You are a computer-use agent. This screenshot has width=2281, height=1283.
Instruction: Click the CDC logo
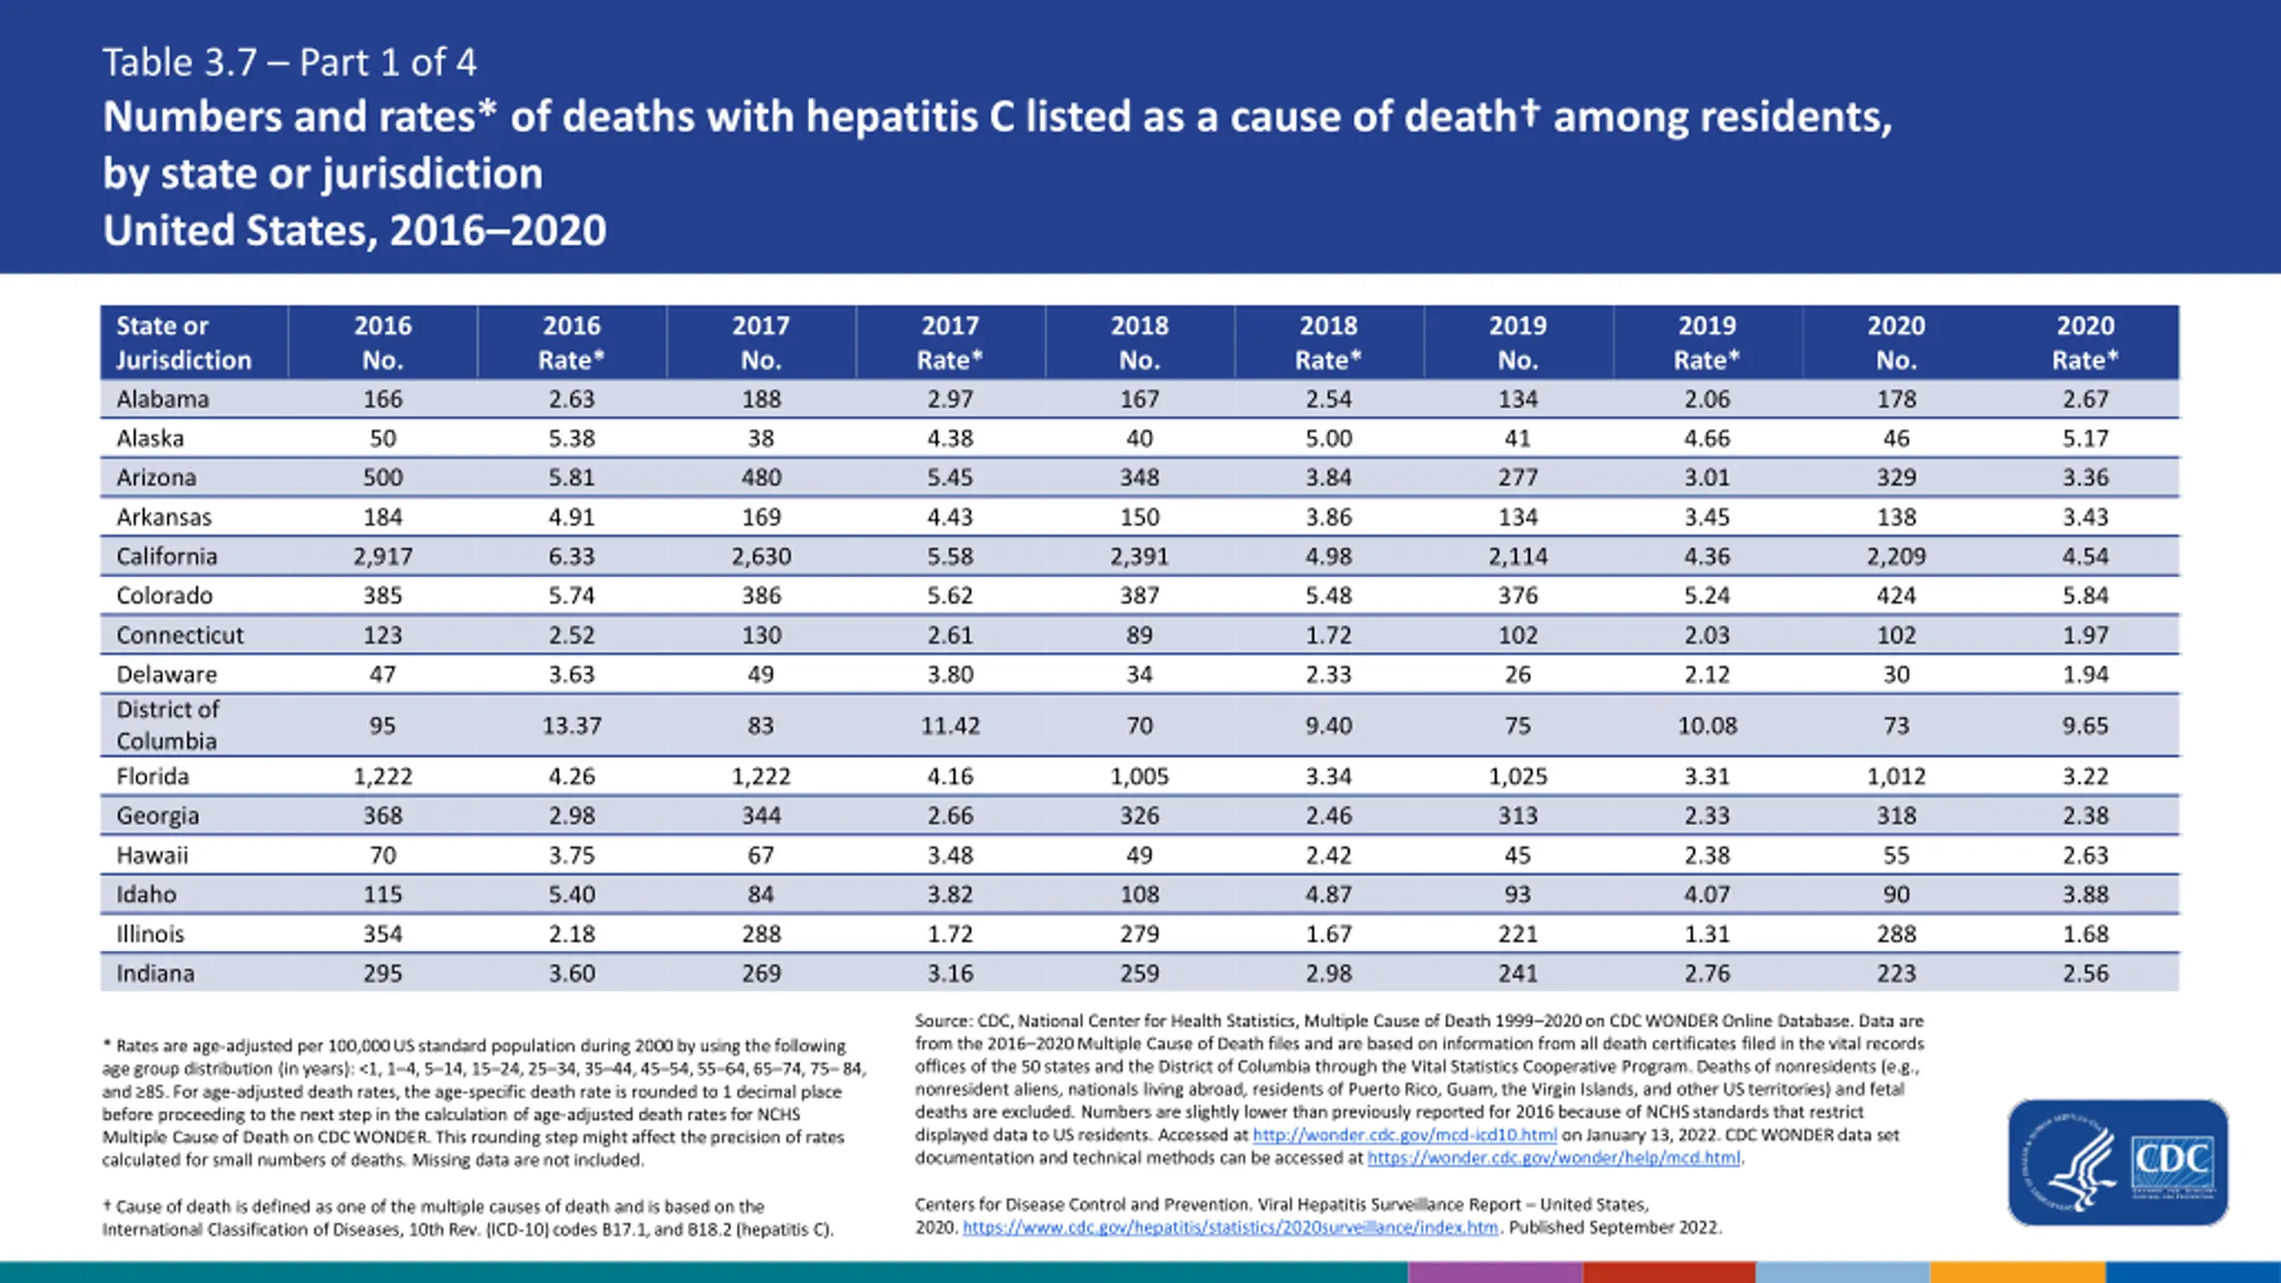click(2118, 1162)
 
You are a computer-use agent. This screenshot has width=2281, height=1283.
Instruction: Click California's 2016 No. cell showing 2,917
click(382, 557)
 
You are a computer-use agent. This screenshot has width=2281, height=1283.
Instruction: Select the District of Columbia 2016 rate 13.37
click(572, 726)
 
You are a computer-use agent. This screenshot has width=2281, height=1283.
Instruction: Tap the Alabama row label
click(163, 399)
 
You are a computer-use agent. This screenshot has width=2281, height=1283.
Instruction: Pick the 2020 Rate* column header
click(2085, 343)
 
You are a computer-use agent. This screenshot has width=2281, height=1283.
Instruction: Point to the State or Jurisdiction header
click(184, 343)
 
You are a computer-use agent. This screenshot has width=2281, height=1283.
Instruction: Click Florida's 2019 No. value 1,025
click(1517, 777)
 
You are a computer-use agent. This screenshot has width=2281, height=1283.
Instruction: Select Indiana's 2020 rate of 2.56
click(2085, 974)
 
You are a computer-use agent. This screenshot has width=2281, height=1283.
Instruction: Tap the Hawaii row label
click(152, 855)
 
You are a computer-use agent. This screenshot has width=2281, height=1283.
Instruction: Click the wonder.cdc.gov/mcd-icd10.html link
click(1405, 1135)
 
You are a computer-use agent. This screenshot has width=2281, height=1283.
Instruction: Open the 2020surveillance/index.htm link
click(1230, 1228)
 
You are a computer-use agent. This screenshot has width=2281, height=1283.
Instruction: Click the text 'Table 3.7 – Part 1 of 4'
click(290, 62)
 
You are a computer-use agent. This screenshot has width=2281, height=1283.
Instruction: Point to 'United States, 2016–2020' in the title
click(355, 230)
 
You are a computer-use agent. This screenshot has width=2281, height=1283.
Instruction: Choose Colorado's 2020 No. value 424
click(1896, 596)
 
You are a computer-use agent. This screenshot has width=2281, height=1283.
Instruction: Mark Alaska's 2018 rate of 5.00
click(1329, 438)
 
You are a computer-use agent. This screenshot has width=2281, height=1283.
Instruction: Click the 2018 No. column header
click(1140, 343)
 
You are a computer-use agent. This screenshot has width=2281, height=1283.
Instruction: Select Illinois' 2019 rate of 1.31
click(1706, 935)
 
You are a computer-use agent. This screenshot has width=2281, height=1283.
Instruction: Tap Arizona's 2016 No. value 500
click(382, 478)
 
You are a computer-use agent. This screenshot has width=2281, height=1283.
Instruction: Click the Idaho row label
click(146, 895)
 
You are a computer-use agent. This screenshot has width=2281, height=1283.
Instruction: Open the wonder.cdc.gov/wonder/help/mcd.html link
click(1554, 1158)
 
